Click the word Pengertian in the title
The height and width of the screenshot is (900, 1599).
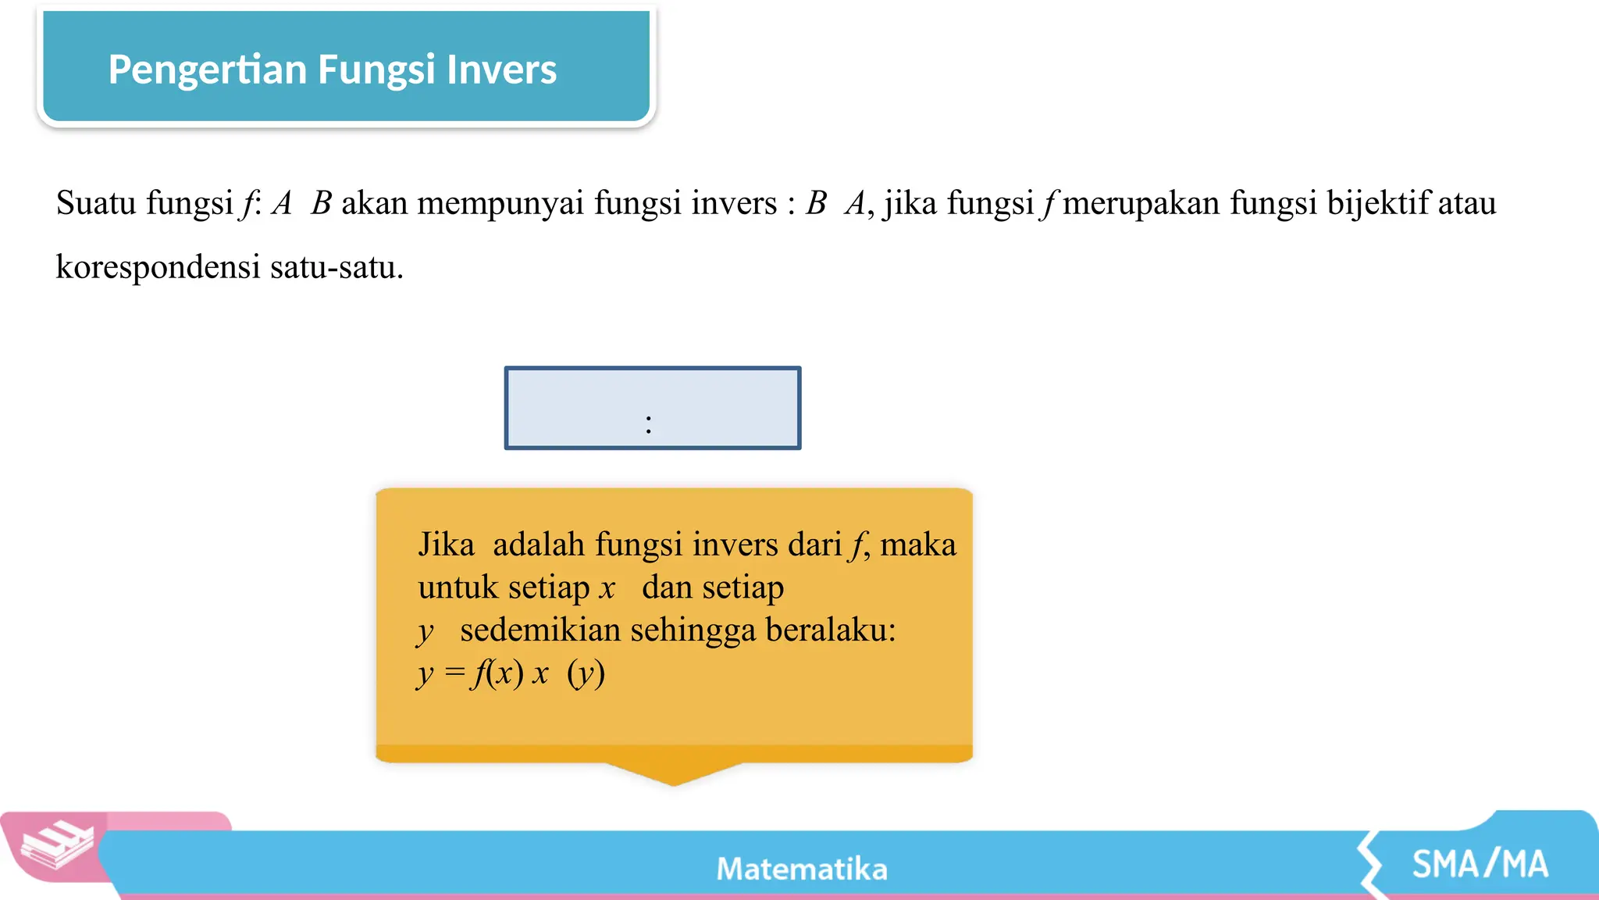click(x=207, y=70)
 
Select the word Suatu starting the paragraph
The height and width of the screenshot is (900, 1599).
click(x=96, y=204)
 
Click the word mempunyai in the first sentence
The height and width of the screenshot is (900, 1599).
click(x=500, y=204)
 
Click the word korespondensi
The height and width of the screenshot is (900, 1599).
click(x=158, y=268)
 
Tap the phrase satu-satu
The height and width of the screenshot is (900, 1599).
click(x=337, y=268)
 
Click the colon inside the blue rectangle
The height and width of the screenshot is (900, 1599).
click(x=649, y=424)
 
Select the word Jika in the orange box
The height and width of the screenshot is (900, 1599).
click(x=446, y=545)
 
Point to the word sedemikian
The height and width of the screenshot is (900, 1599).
click(x=540, y=630)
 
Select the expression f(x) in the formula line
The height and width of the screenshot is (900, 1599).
click(x=497, y=673)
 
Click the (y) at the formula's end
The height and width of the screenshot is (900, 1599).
click(x=586, y=673)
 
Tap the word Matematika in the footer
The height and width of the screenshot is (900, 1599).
click(x=802, y=869)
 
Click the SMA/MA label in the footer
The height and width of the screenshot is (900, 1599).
click(x=1480, y=865)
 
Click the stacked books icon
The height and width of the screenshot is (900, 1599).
click(x=57, y=846)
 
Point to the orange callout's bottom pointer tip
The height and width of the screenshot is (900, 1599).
click(x=673, y=782)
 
